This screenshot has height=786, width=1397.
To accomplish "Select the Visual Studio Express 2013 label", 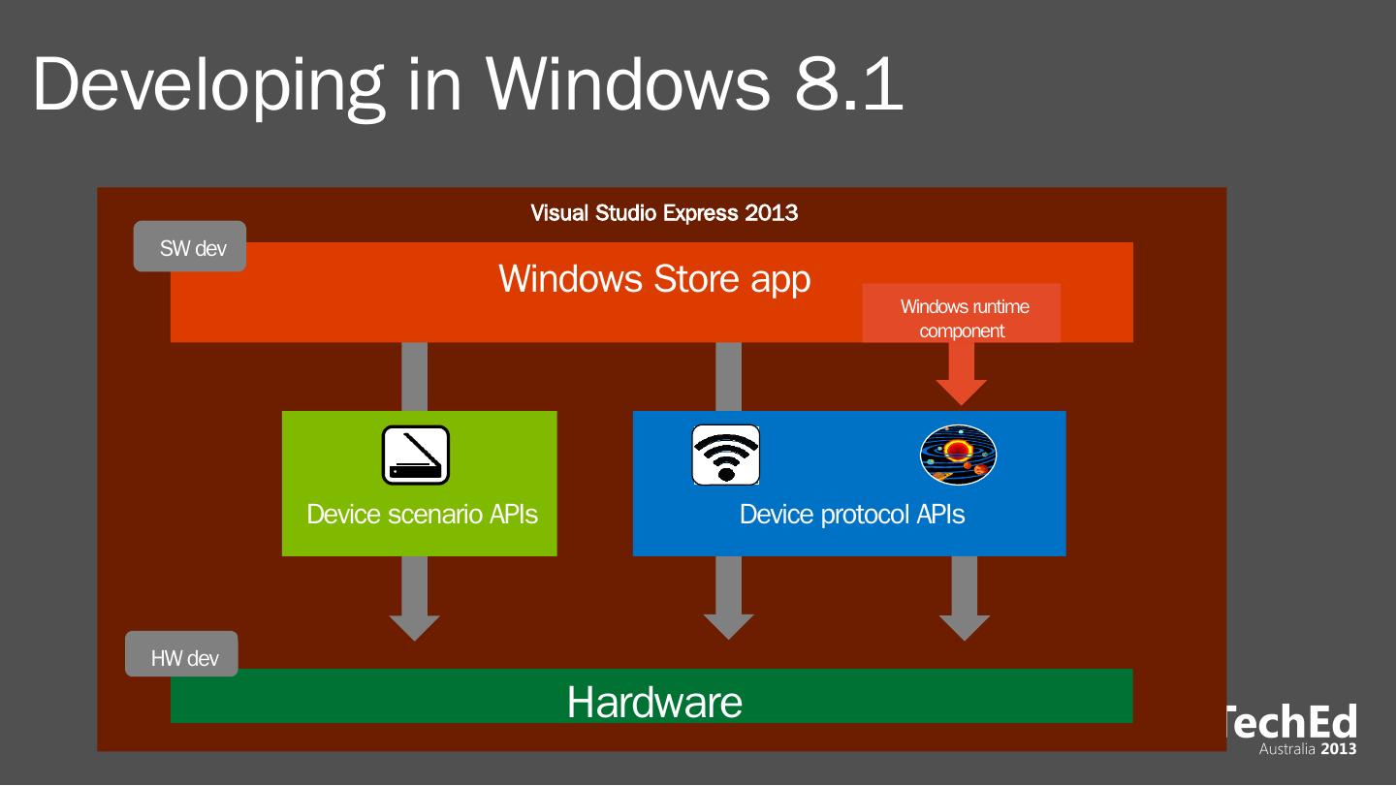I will [x=664, y=213].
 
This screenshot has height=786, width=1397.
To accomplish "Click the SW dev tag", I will [x=191, y=247].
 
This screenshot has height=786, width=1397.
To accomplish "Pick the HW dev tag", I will [x=183, y=658].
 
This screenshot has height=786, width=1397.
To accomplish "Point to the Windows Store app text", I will [x=654, y=279].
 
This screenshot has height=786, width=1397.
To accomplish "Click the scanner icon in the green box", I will [x=416, y=455].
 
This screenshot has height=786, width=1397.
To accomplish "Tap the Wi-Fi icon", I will [x=725, y=455].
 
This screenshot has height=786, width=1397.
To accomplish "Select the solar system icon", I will [x=958, y=455].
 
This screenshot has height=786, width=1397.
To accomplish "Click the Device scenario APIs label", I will [x=422, y=515].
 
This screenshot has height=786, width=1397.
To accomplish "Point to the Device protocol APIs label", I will [x=852, y=515].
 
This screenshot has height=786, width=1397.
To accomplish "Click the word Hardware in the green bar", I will [x=654, y=702].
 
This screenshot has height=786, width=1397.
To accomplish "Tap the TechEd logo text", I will [x=1291, y=723].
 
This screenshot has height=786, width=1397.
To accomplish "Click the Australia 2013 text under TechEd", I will [x=1308, y=749].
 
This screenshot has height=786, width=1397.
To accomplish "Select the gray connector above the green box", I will [x=415, y=376].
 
